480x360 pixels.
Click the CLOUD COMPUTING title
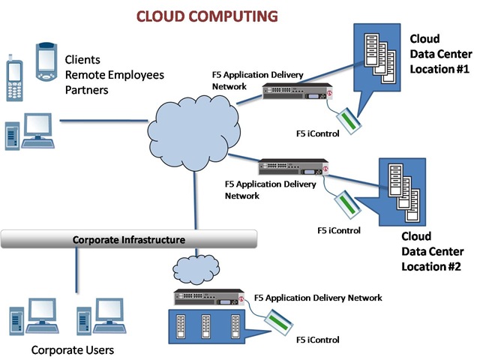[205, 16]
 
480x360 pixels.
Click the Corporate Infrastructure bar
[128, 239]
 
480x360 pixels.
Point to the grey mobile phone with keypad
[14, 77]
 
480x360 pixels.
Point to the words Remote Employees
[114, 74]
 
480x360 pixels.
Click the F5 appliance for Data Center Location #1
[296, 92]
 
